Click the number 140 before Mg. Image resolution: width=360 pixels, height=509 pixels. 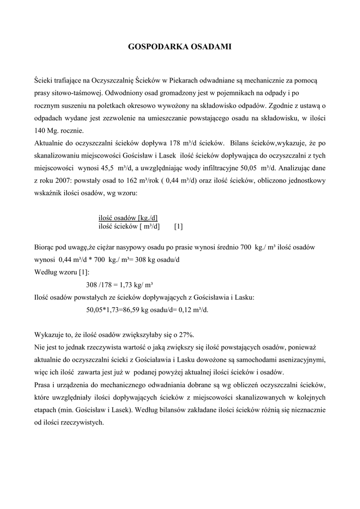click(x=40, y=131)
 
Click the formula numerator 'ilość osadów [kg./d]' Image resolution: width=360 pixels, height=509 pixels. click(x=128, y=218)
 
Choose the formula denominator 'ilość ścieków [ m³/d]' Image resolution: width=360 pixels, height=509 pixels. click(x=129, y=227)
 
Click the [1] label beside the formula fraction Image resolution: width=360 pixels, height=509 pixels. click(x=179, y=227)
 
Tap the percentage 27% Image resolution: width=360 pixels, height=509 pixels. click(x=187, y=335)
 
